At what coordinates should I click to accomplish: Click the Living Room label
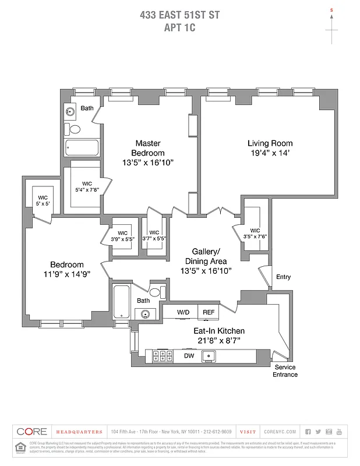270,143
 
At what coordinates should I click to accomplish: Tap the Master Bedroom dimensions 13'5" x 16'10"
148,163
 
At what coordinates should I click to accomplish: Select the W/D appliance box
183,313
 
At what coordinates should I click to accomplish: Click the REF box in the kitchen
209,313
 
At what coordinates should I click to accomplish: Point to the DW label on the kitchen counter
189,355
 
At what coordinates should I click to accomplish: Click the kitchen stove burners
160,355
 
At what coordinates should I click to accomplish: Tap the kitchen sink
213,355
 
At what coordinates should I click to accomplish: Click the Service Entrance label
285,371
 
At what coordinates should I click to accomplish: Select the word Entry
283,277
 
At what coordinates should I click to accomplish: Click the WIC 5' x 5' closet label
42,201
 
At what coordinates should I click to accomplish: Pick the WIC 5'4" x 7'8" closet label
87,186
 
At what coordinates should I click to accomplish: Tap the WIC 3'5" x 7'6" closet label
255,232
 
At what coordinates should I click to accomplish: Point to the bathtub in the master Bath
82,147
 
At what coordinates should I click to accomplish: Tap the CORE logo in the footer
31,432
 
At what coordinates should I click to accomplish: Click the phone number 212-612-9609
219,432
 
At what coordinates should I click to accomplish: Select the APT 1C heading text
179,27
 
